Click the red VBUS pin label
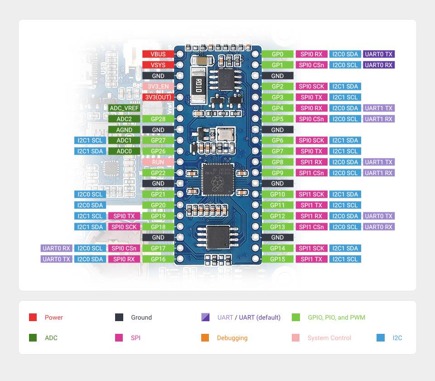point(158,54)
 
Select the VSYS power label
point(158,65)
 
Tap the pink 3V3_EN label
point(158,86)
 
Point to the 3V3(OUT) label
point(158,97)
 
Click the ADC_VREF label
point(124,108)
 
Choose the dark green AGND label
point(124,130)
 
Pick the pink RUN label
point(158,162)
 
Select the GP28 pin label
point(158,119)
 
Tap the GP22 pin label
point(158,173)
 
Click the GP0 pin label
point(277,54)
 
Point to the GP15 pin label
point(277,259)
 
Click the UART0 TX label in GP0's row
point(379,54)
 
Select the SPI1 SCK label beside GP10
point(311,194)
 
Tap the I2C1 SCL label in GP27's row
point(90,140)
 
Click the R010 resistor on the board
point(198,85)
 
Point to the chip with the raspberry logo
point(217,179)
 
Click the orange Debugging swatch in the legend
point(205,338)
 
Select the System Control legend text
point(329,338)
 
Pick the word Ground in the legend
point(141,317)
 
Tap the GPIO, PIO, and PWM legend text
point(336,317)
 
